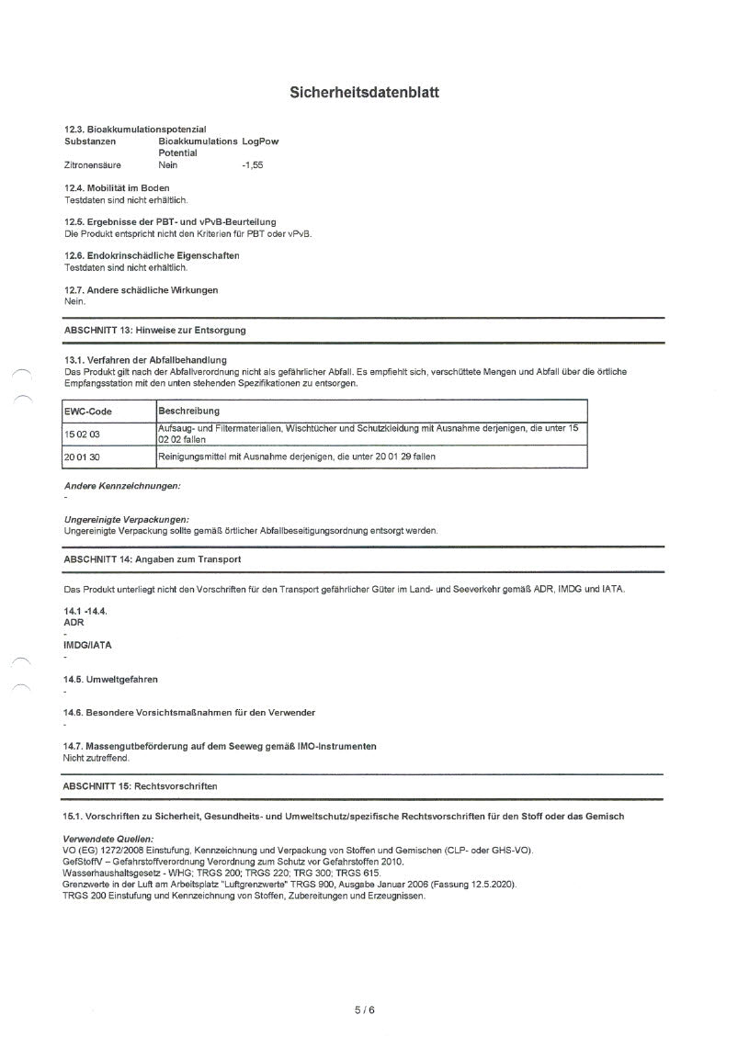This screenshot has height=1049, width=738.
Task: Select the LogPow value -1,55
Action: [x=252, y=165]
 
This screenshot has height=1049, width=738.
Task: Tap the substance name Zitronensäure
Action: [x=93, y=165]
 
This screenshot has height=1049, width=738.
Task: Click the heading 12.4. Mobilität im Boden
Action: [x=117, y=188]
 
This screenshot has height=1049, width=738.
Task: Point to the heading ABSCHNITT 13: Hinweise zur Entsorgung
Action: [x=154, y=329]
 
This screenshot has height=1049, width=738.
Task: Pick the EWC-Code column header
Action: [x=88, y=412]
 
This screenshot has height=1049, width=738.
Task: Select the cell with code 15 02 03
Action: [x=83, y=434]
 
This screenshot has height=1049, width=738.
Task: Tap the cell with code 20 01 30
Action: [x=83, y=457]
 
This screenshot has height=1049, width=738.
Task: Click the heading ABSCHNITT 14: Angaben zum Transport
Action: [x=152, y=558]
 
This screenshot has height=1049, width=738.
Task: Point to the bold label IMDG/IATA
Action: [x=87, y=645]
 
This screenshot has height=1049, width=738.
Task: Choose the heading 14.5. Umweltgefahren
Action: [x=110, y=680]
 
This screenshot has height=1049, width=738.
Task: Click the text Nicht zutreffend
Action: [x=97, y=758]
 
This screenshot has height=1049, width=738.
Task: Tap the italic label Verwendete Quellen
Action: [x=108, y=840]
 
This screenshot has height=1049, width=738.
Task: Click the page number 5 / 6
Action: [x=365, y=1010]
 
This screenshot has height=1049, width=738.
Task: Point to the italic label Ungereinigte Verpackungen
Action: [x=126, y=520]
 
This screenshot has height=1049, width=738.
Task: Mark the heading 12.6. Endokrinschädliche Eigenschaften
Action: [x=152, y=255]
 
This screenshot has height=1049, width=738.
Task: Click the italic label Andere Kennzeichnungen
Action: [x=121, y=485]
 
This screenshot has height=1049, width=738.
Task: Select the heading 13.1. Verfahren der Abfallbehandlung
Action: [x=145, y=359]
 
